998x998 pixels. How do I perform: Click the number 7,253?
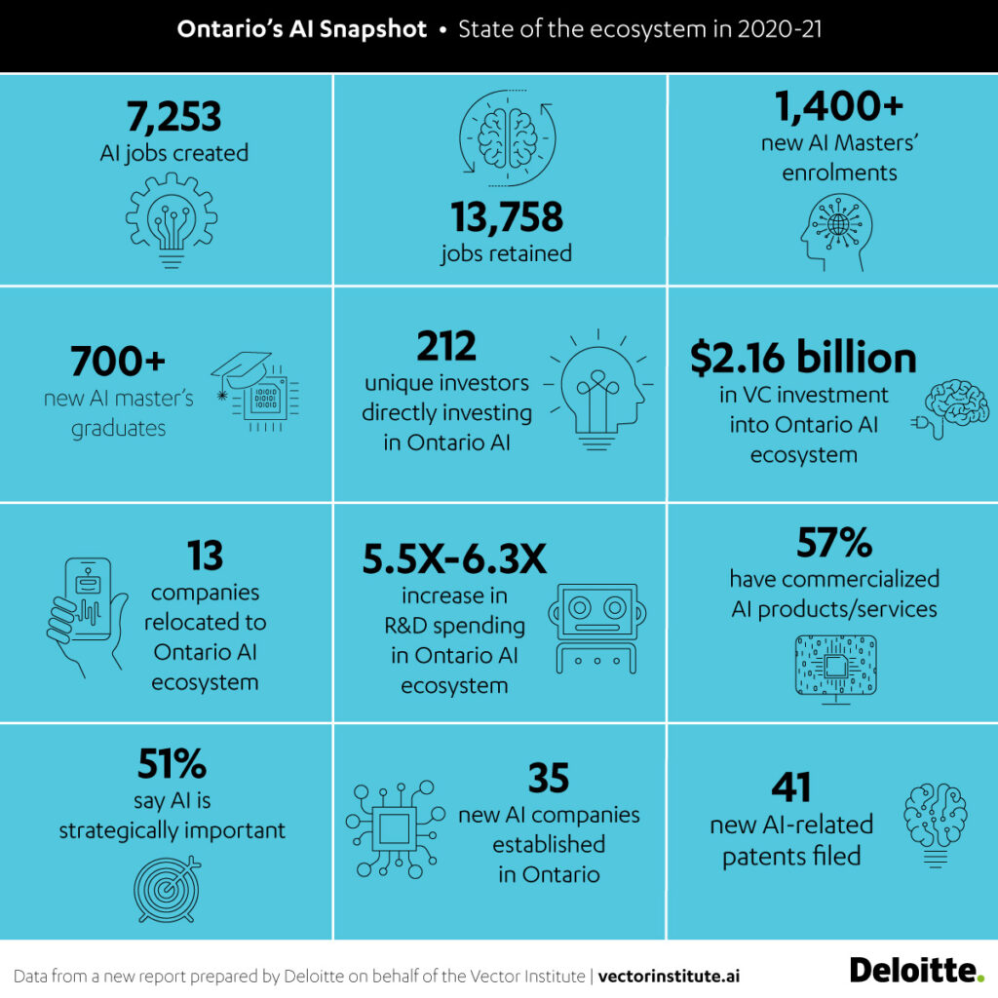tap(173, 118)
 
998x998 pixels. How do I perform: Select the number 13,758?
tap(506, 216)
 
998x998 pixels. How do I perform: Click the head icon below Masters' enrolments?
tap(835, 230)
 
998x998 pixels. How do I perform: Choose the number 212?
tap(446, 345)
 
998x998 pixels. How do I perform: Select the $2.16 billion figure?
tap(803, 359)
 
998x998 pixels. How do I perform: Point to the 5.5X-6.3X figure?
tap(453, 559)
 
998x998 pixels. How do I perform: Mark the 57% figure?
tap(834, 542)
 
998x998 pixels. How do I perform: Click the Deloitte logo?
tap(916, 970)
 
